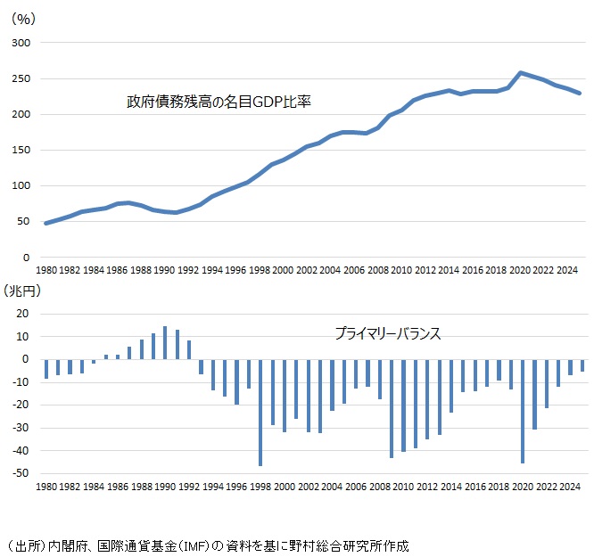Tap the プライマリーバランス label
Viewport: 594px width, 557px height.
point(387,334)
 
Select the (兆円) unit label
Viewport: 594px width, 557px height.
point(23,291)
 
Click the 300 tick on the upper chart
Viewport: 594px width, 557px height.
point(21,43)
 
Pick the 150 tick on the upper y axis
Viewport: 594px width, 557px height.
point(21,150)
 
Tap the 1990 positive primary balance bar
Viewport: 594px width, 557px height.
point(165,343)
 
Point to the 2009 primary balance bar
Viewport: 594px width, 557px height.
point(391,408)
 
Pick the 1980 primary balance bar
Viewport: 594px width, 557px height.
point(46,369)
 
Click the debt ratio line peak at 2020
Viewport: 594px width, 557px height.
point(521,73)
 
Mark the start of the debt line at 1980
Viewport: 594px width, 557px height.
point(46,223)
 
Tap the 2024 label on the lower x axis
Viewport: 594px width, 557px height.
point(568,487)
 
